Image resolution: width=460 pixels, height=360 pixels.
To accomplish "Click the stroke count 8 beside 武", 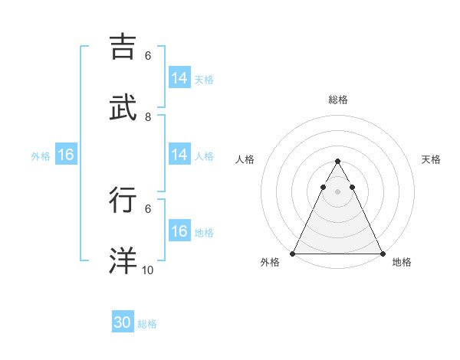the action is [x=148, y=117].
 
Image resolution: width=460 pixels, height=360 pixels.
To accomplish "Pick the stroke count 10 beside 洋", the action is [x=148, y=270].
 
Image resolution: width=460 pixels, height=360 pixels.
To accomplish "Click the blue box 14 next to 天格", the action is [x=179, y=78].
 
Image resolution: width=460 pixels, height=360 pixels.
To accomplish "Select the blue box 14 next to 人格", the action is [x=179, y=155].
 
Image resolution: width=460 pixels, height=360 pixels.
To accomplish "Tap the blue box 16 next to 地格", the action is [x=179, y=231].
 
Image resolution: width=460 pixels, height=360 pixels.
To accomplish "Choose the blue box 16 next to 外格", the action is [x=66, y=155].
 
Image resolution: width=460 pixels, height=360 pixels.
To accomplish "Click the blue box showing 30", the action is [x=123, y=322].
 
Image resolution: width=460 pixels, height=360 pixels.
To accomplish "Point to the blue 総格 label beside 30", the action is [x=147, y=324].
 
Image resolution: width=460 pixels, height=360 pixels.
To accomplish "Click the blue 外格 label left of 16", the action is [x=41, y=156].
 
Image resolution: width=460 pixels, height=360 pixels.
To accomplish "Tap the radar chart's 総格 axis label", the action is [x=337, y=100].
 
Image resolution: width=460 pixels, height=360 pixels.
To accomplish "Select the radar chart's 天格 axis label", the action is [x=431, y=159].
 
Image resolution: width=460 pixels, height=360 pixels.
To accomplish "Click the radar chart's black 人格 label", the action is [x=245, y=159].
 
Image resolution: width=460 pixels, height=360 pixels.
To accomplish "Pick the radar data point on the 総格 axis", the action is [x=337, y=162].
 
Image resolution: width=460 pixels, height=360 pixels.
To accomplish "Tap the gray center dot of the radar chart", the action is [x=337, y=191].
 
